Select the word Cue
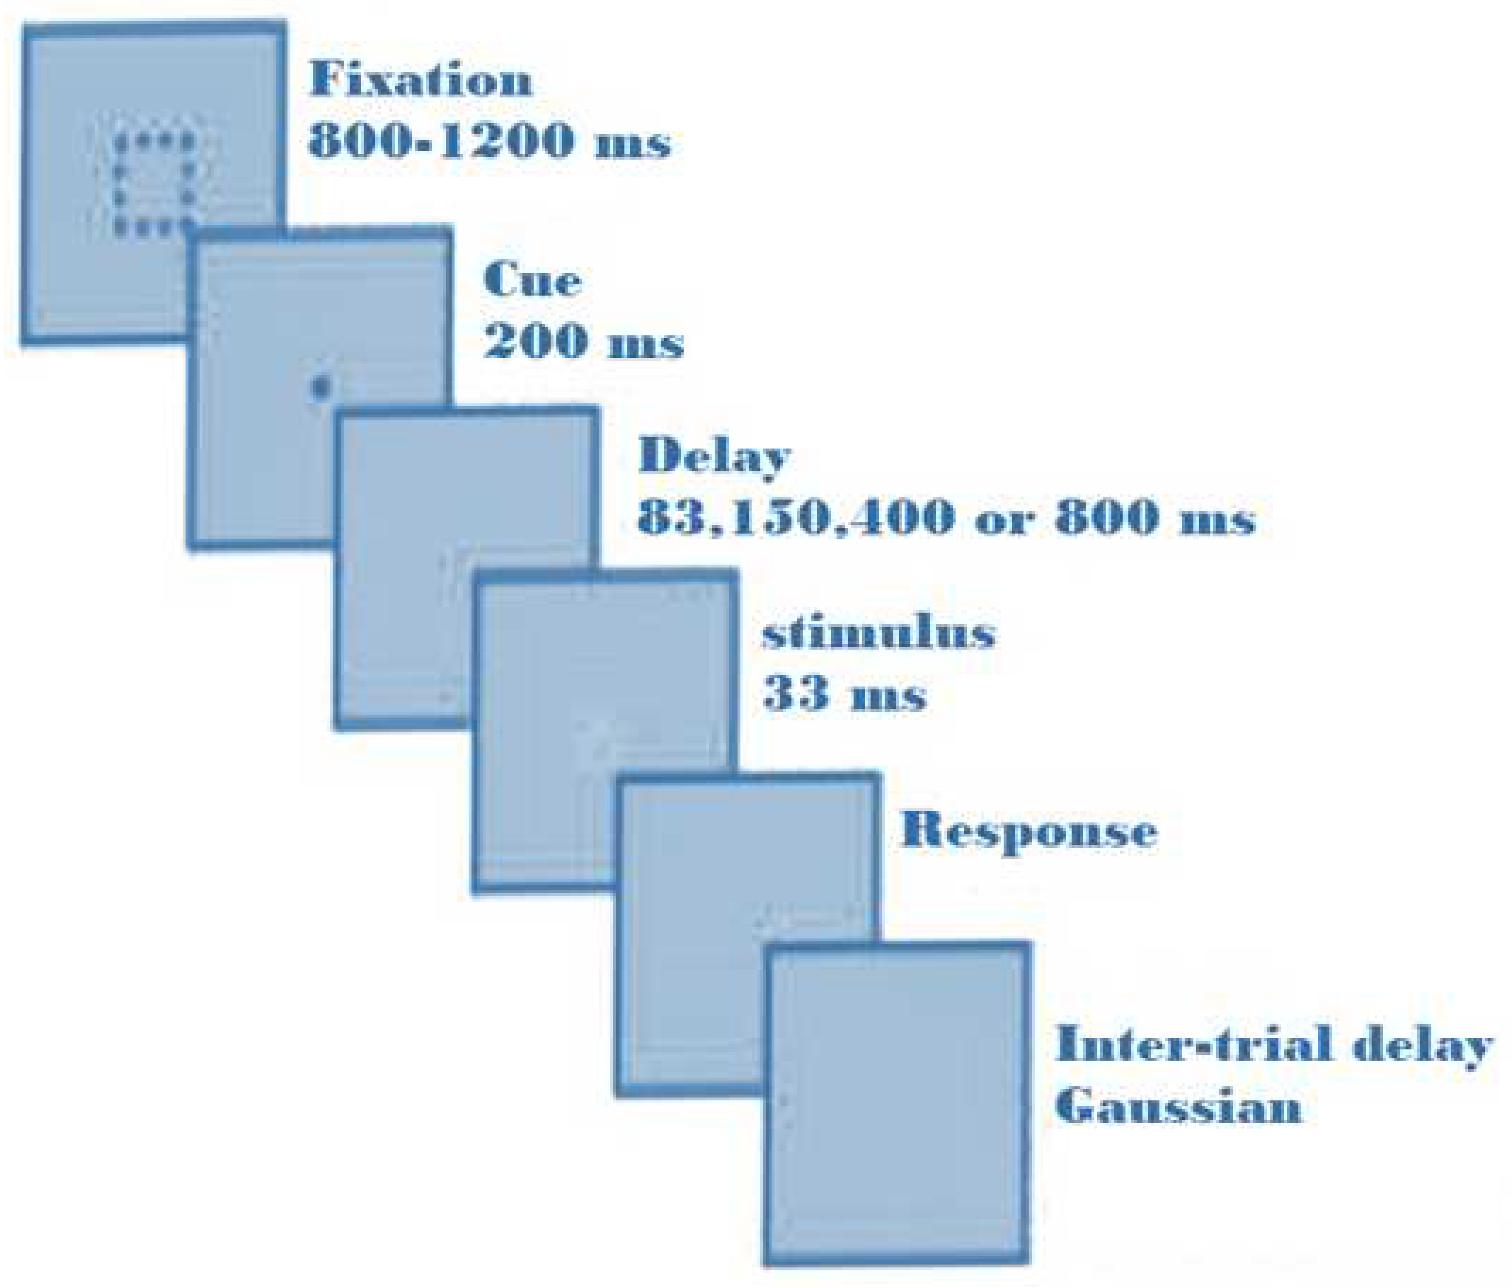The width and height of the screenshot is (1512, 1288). point(532,281)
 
